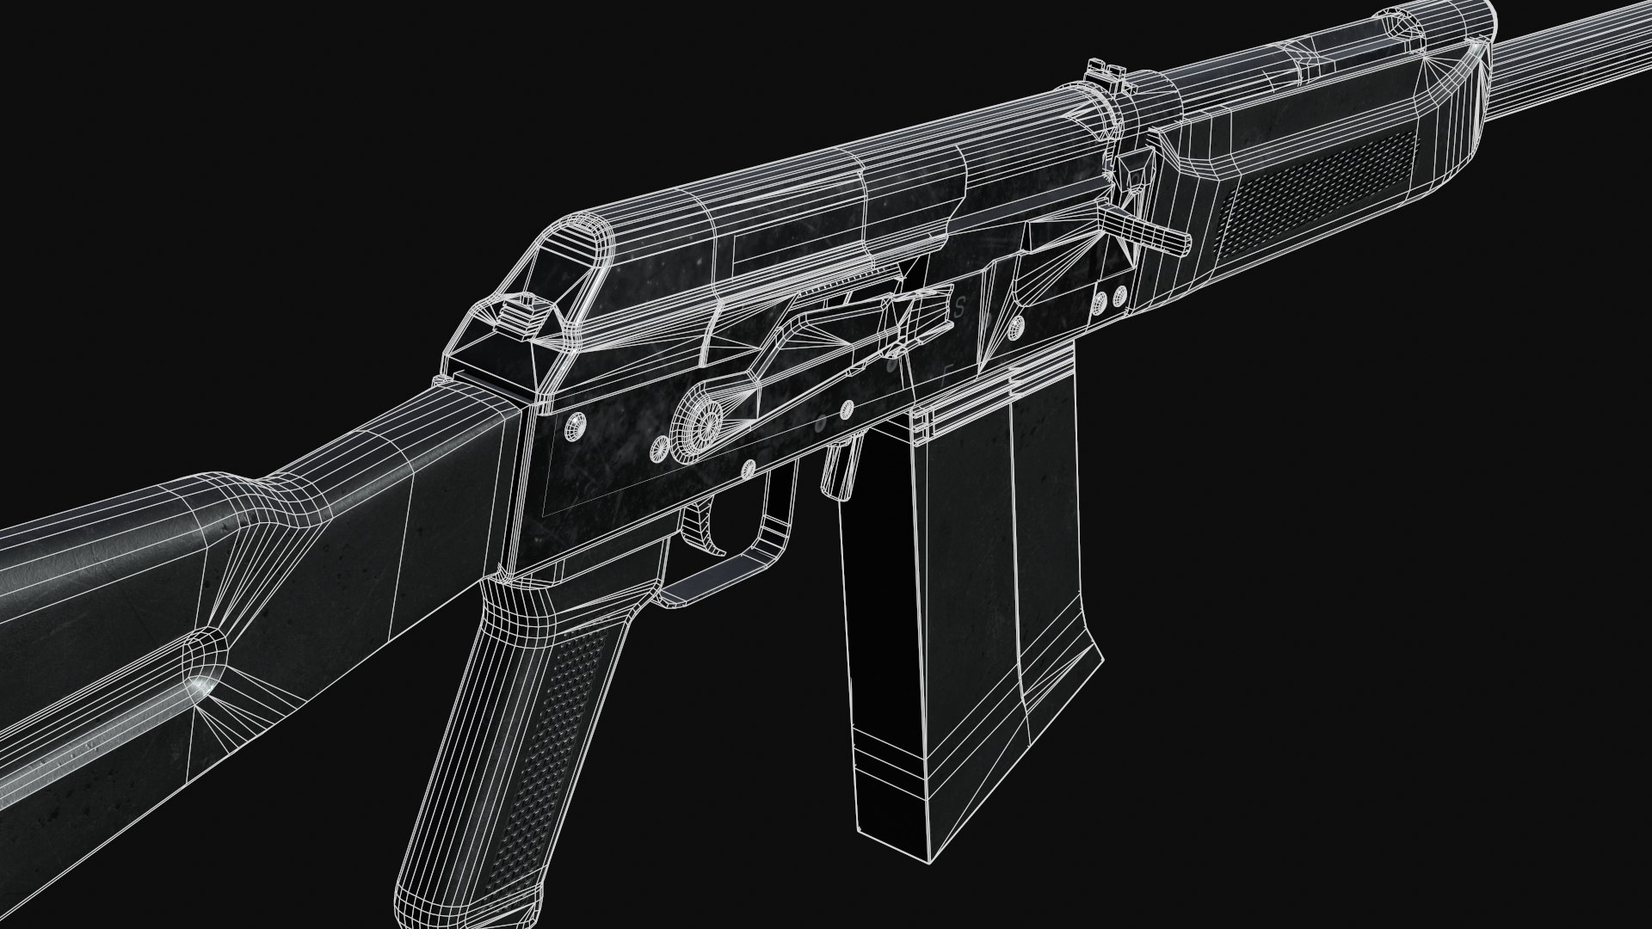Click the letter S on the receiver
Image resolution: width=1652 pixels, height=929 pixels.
[x=959, y=307]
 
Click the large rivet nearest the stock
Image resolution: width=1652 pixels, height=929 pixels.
[x=575, y=424]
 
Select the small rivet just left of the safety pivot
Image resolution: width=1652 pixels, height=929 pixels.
[x=659, y=445]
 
